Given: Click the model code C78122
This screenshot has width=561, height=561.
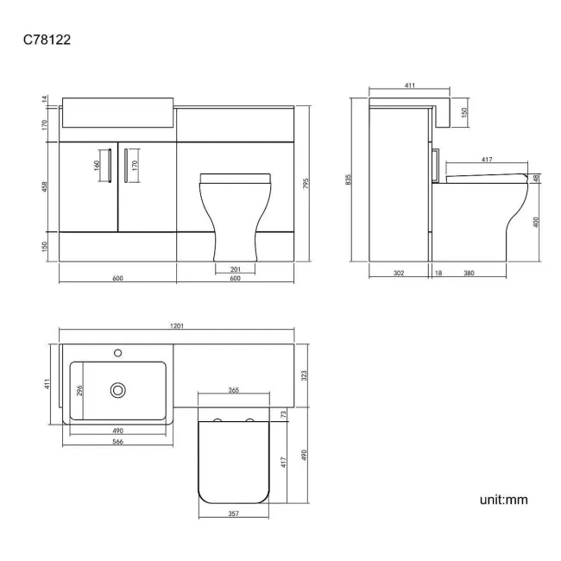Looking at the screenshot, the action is tap(47, 40).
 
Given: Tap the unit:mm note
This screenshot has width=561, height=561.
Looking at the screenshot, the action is tap(503, 500).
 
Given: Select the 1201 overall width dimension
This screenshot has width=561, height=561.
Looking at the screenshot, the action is tap(177, 325).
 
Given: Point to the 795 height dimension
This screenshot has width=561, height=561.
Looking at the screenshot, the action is tap(306, 184).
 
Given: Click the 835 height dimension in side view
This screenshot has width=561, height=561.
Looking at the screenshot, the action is tap(348, 180).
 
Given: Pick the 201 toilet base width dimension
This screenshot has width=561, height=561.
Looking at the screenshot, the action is tap(236, 269).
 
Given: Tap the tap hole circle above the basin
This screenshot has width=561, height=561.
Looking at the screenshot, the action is tap(117, 353).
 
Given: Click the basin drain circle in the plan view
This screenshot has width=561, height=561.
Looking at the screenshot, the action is tap(117, 390).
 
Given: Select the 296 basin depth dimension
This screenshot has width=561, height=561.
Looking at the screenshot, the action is tap(79, 390).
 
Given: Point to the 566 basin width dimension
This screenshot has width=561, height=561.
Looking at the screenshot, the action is tap(117, 442).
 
